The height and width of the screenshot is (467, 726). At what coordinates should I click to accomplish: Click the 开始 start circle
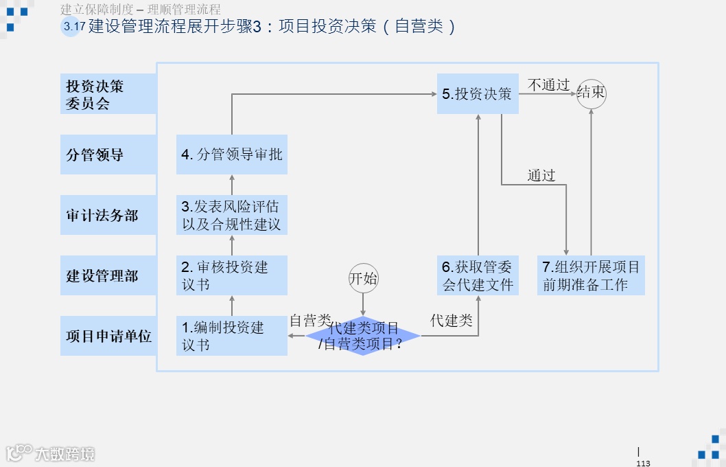coord(363,278)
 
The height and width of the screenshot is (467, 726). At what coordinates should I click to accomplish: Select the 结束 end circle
coord(591,93)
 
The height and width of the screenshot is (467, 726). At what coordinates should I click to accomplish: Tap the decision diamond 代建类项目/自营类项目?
coord(362,336)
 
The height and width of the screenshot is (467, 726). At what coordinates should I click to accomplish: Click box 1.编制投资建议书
coord(231,336)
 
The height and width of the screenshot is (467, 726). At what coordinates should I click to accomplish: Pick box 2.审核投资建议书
coord(231,275)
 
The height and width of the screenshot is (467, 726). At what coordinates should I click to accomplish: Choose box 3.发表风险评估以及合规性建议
coord(231,215)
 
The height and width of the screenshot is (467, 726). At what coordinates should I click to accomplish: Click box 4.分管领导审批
coord(231,155)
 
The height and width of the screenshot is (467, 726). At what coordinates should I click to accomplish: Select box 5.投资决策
coord(478,94)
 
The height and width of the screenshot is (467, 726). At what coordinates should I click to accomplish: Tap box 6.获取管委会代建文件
coord(478,275)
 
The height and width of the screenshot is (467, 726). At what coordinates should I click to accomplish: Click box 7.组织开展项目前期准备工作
coord(591,275)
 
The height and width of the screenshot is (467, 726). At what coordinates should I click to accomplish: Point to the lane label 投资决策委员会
coord(108,94)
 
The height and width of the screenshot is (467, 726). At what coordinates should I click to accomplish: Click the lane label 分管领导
coord(108,155)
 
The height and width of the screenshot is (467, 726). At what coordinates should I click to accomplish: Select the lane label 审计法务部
coord(108,215)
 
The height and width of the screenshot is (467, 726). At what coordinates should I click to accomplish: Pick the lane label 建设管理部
coord(108,275)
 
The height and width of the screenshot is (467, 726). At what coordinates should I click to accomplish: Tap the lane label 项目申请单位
coord(108,336)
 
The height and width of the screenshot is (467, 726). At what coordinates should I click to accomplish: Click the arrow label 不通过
coord(548,85)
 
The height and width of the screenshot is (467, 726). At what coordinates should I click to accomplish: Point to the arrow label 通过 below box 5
coord(541,175)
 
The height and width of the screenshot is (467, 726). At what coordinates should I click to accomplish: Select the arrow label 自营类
coord(310,320)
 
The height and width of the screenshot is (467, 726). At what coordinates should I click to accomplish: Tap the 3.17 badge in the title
coord(73,27)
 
